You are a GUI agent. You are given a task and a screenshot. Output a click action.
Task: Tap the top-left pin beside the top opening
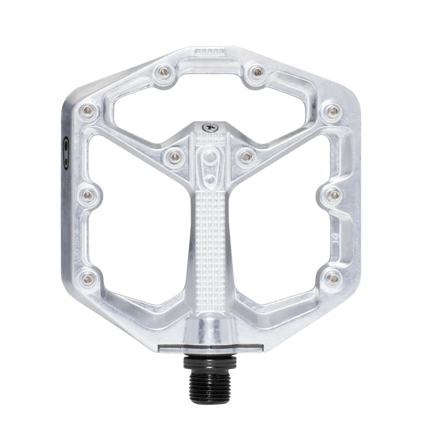(161, 72)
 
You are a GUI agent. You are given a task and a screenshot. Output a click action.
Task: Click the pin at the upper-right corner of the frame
(333, 110)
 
